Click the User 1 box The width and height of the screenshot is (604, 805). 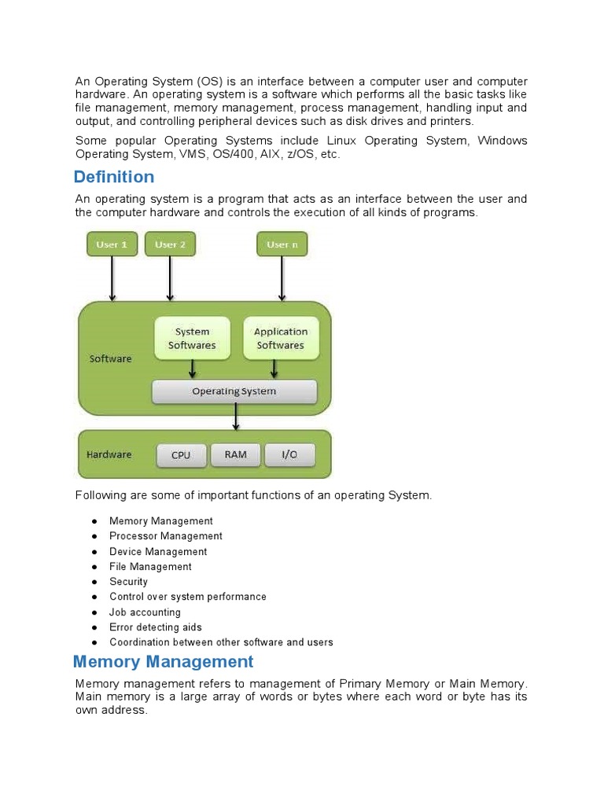[112, 244]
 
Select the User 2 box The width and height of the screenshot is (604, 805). [170, 244]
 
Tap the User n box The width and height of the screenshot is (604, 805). [282, 244]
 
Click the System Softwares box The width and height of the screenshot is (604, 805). [192, 338]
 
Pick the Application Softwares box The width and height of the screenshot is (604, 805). [280, 338]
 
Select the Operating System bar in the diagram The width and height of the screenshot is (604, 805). [234, 391]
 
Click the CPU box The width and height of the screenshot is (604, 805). [181, 455]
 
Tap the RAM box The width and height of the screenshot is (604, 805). [235, 454]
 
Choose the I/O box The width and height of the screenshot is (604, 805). [289, 455]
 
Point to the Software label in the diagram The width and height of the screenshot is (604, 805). [111, 358]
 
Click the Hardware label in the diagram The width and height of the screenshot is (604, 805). [109, 454]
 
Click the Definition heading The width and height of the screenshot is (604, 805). [114, 177]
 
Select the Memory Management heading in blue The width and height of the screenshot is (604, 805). [164, 662]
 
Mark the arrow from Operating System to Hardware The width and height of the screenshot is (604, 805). [234, 417]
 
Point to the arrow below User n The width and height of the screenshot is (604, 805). [282, 278]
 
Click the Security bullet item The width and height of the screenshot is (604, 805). [128, 582]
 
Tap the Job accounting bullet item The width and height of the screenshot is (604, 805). [145, 612]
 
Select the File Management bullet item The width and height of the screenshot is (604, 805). [150, 567]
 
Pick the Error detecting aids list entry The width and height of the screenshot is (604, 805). [156, 627]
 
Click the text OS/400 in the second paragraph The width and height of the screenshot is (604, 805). [234, 154]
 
